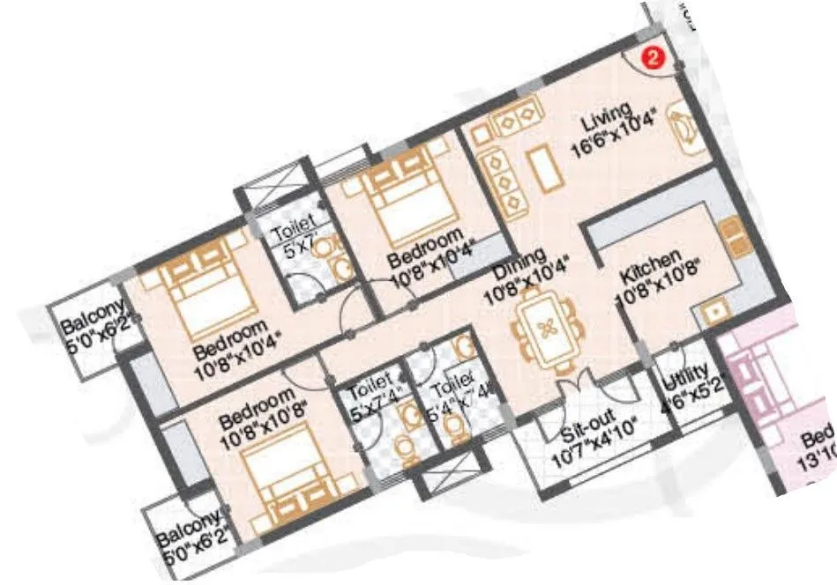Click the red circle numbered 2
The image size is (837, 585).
click(x=652, y=58)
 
